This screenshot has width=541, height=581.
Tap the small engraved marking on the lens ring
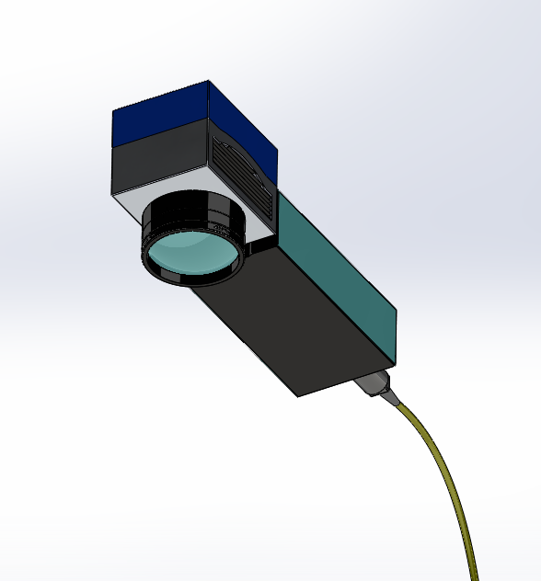pyautogui.click(x=217, y=224)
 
